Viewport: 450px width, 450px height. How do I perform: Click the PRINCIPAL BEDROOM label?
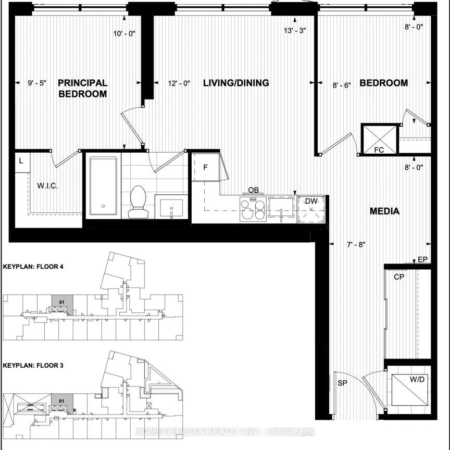[x=82, y=89]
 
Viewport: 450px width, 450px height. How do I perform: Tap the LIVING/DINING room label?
[x=236, y=83]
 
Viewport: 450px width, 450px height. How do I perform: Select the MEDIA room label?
[x=384, y=211]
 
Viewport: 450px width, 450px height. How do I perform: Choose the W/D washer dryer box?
[x=409, y=389]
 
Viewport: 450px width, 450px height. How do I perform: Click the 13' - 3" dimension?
[x=294, y=30]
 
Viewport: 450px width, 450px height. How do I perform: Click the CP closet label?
[x=399, y=278]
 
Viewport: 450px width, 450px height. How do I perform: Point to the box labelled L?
[x=21, y=161]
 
